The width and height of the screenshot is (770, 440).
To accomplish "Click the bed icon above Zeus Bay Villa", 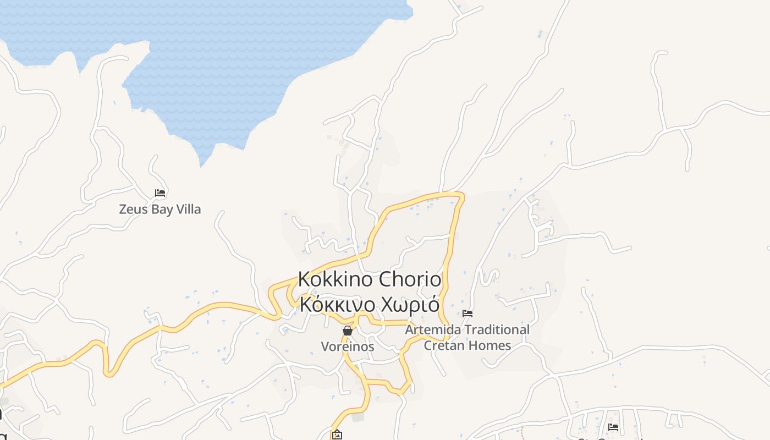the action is (160, 193).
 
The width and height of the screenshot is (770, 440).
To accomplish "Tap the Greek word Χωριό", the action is (410, 304).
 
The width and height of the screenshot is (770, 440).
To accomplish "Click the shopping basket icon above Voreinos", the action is (348, 331).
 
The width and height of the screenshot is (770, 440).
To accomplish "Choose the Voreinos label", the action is (348, 346).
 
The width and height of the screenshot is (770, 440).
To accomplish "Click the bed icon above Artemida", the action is (468, 313).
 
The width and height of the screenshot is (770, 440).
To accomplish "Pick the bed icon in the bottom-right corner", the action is (613, 427).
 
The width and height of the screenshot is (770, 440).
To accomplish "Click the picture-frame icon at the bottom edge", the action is (337, 435).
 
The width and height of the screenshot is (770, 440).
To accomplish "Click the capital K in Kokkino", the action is (304, 279).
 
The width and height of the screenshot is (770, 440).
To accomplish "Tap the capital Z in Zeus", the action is (123, 210).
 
